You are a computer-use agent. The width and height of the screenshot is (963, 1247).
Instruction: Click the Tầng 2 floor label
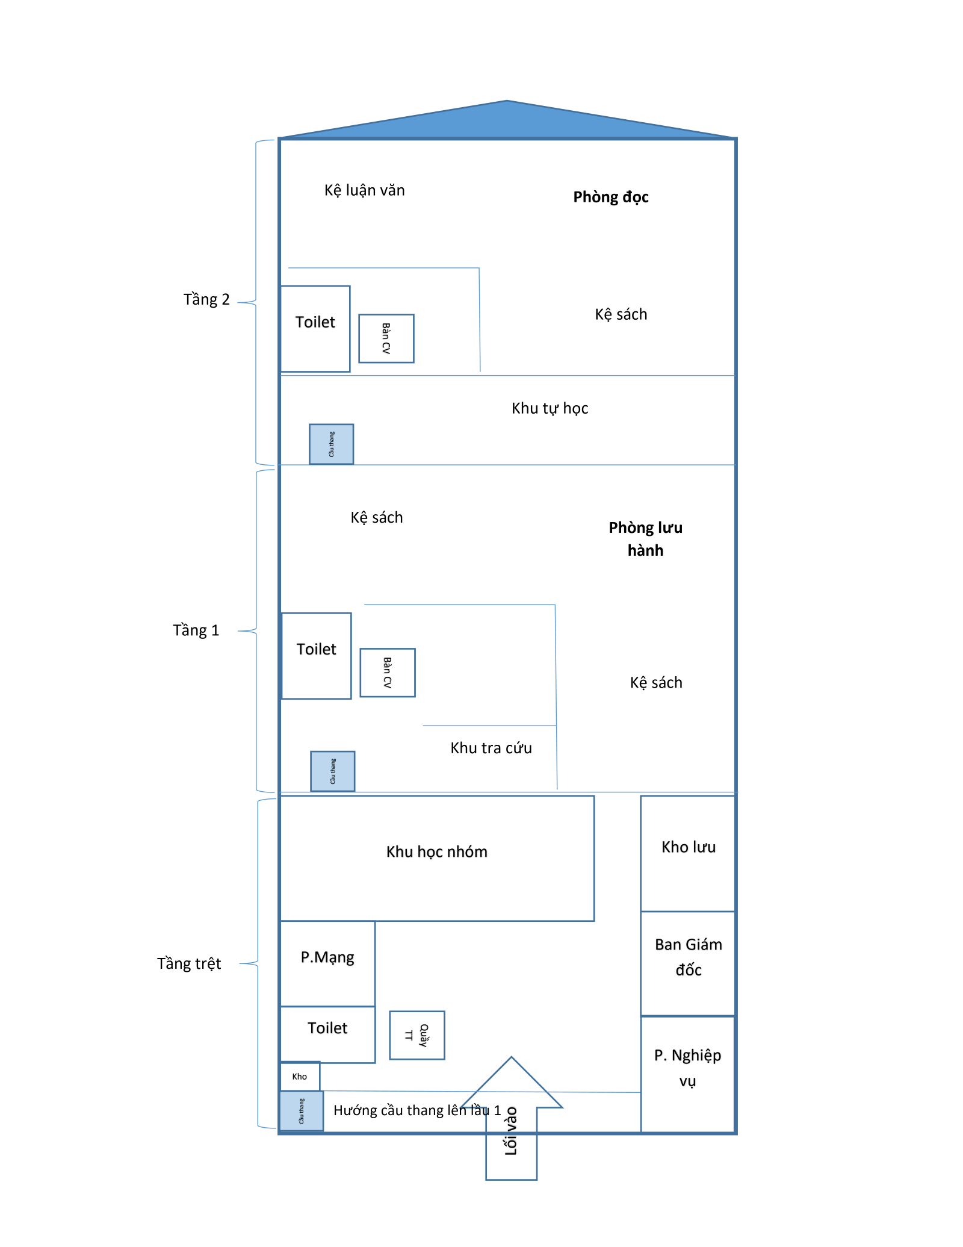[x=206, y=299]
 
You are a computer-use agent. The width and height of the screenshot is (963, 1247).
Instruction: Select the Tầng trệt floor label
[x=189, y=963]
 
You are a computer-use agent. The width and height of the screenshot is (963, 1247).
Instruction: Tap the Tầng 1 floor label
[x=196, y=630]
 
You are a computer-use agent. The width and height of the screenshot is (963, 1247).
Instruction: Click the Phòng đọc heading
[x=610, y=197]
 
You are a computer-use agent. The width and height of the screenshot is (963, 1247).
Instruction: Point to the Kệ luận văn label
[x=364, y=190]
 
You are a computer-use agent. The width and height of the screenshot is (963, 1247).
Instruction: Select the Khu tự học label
[x=550, y=408]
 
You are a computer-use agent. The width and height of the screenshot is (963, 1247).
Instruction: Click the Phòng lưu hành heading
[x=645, y=539]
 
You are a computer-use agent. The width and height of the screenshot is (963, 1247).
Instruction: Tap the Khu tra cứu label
[x=491, y=748]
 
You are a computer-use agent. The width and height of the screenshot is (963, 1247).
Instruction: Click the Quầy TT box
[x=417, y=1035]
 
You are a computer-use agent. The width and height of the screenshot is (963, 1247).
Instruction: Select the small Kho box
[x=300, y=1076]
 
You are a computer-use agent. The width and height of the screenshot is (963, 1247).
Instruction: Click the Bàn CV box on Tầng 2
[x=386, y=338]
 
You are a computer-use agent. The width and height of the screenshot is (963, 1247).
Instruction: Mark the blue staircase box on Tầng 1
[x=333, y=771]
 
